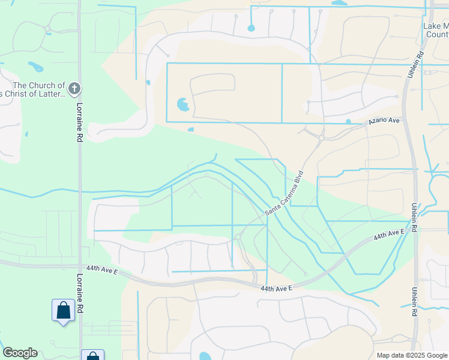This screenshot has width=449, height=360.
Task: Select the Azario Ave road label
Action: click(384, 121)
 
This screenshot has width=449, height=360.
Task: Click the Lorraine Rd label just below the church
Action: click(79, 122)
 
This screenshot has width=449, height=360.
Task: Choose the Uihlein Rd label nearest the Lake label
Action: click(421, 63)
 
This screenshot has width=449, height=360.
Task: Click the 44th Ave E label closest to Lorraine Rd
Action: click(100, 270)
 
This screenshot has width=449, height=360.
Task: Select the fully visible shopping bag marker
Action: click(63, 311)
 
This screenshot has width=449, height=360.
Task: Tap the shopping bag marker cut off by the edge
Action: click(92, 356)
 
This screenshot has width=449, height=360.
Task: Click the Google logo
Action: click(20, 353)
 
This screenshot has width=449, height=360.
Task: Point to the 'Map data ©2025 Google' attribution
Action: click(411, 355)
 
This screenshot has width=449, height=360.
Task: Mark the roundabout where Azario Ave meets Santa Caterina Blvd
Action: click(321, 138)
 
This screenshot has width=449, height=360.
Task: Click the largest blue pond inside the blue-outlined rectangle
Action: click(183, 105)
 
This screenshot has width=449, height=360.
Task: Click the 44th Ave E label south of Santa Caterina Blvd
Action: click(276, 289)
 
